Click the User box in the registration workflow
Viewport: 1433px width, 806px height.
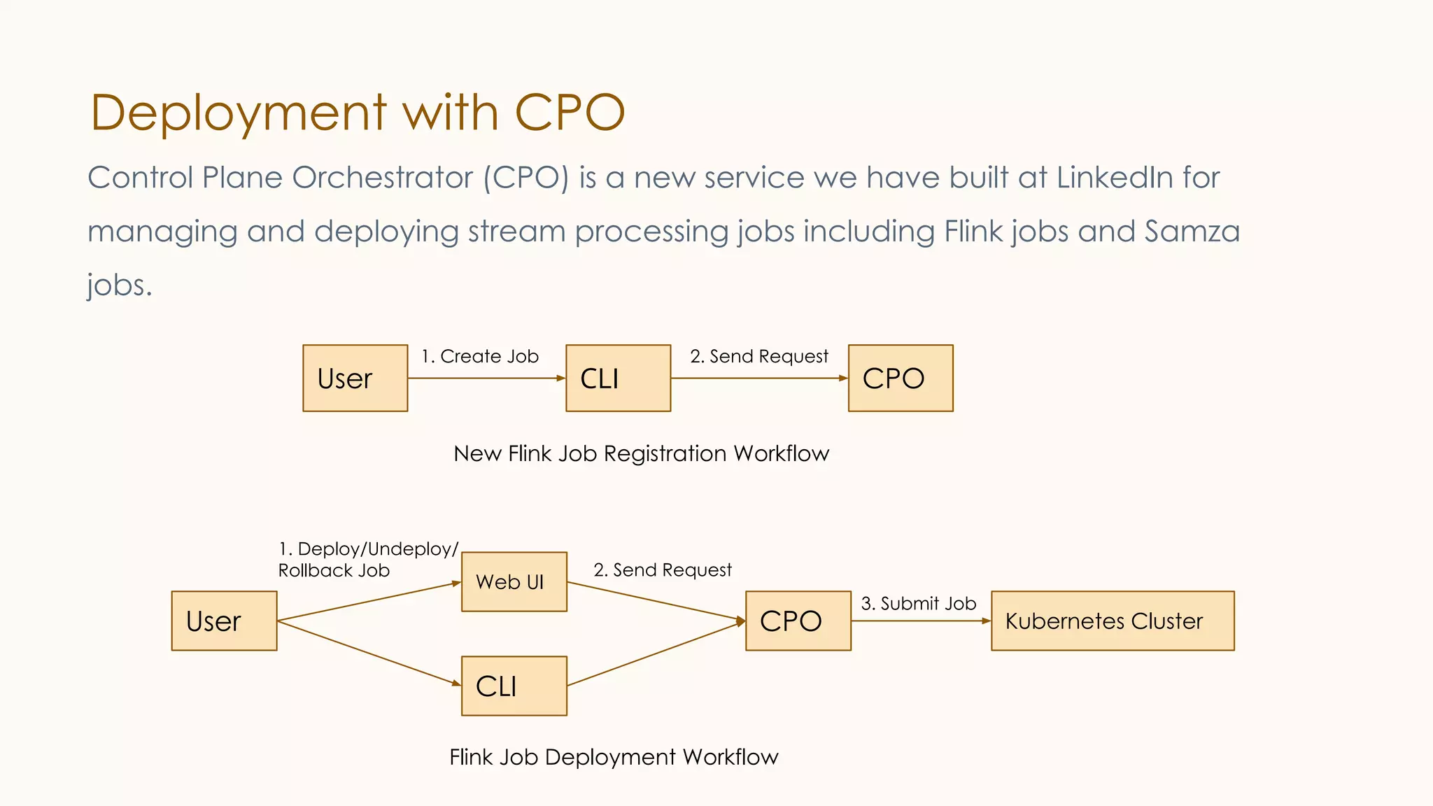click(x=355, y=378)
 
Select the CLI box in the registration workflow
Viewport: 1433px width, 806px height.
click(x=618, y=378)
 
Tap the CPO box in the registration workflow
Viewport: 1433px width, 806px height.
click(x=901, y=378)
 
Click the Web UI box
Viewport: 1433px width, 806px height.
click(x=514, y=581)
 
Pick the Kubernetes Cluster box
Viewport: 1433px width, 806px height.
click(x=1113, y=621)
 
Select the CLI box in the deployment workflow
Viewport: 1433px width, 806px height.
click(x=514, y=686)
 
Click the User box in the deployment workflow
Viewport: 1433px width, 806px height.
click(x=224, y=621)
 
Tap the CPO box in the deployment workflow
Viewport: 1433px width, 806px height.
click(x=798, y=621)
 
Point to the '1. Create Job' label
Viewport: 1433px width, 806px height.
click(x=480, y=356)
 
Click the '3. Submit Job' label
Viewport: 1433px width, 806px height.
click(x=918, y=603)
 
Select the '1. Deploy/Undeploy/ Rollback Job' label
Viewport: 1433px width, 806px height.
click(x=367, y=559)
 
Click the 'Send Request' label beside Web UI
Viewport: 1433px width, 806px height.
click(x=662, y=570)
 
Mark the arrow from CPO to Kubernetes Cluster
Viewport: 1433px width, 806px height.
click(x=921, y=621)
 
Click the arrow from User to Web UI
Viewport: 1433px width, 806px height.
click(x=369, y=601)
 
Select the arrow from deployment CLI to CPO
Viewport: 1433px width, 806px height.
click(x=656, y=653)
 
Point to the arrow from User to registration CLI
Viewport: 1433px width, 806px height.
click(x=486, y=379)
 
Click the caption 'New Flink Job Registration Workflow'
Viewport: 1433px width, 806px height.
click(x=641, y=453)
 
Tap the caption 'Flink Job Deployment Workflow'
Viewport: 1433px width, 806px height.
click(x=613, y=757)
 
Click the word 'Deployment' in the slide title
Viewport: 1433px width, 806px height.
click(x=238, y=113)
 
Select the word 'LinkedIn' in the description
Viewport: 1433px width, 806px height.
click(x=1114, y=178)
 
